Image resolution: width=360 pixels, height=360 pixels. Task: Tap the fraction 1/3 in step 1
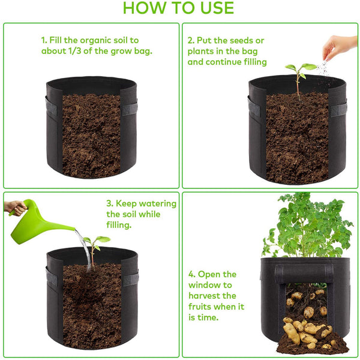[x=75, y=51]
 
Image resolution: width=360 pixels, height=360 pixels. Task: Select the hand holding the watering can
[x=15, y=208]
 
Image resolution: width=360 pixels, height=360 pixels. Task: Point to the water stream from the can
[x=84, y=250]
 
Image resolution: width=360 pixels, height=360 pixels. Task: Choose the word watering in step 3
[x=157, y=203]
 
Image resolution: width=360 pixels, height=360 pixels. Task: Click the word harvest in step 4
[x=212, y=296]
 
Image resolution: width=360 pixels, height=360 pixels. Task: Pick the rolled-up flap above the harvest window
[x=304, y=273]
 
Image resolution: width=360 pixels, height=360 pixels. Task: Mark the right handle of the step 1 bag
[x=130, y=109]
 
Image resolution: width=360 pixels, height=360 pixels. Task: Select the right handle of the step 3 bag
[x=131, y=279]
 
